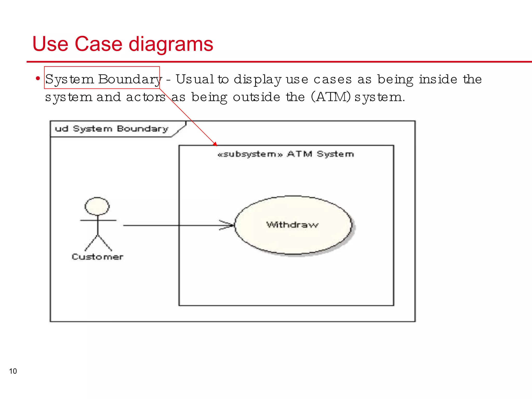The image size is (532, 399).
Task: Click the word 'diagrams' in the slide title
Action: pos(171,44)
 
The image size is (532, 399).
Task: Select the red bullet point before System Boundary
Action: pos(38,78)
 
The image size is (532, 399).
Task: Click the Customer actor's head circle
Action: pos(97,206)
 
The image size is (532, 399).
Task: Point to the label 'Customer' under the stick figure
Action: pos(97,257)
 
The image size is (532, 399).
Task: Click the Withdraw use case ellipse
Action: pos(293,225)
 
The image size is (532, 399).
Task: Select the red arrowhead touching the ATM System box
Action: pos(215,144)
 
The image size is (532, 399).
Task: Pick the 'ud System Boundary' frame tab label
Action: pos(111,129)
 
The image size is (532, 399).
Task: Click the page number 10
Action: pos(13,371)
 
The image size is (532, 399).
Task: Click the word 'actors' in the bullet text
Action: pos(146,97)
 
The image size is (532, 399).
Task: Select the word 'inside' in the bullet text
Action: pos(438,79)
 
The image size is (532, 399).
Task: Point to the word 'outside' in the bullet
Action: pos(256,97)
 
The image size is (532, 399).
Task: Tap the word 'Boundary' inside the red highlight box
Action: pos(130,79)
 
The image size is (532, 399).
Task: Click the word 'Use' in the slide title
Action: pos(50,44)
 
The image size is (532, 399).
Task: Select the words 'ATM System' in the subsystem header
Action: pos(320,154)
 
